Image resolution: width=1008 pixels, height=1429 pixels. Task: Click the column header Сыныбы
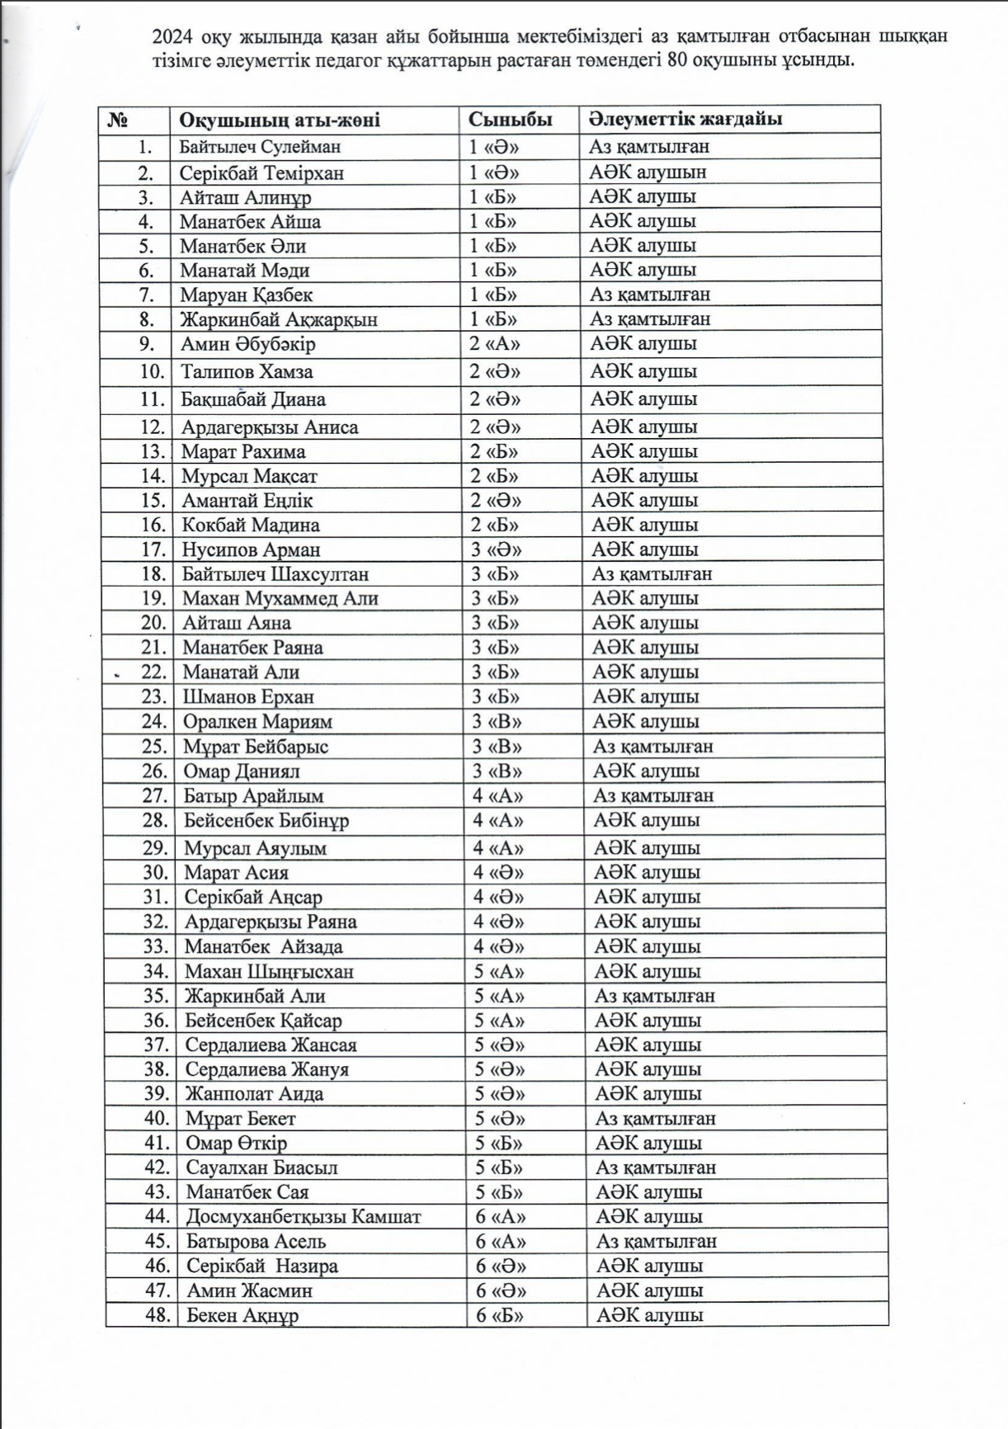(x=510, y=120)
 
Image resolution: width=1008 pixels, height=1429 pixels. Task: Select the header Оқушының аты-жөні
(x=280, y=120)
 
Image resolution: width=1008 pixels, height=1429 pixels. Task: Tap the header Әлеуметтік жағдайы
(x=685, y=120)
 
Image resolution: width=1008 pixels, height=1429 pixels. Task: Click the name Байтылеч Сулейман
(x=261, y=148)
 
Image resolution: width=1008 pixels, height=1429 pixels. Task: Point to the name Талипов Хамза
(x=247, y=372)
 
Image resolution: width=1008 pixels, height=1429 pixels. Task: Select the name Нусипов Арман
(x=251, y=549)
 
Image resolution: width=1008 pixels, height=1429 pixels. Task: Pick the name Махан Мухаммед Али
(x=280, y=598)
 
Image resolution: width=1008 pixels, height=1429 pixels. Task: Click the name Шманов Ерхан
(x=248, y=696)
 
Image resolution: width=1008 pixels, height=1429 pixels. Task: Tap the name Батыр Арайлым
(x=253, y=796)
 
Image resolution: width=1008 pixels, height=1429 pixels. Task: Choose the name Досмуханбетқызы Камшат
(x=304, y=1216)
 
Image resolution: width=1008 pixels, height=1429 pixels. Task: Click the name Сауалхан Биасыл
(x=261, y=1167)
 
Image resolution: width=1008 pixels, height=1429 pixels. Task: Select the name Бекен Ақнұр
(x=243, y=1315)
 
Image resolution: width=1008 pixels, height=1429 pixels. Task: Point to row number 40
(x=157, y=1119)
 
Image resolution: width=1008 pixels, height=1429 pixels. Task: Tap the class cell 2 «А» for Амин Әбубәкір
(x=495, y=344)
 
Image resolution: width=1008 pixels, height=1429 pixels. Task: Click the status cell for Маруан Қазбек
(x=650, y=295)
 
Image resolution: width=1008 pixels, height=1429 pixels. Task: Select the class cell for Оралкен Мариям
(x=497, y=721)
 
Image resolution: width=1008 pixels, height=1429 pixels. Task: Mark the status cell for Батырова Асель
(x=657, y=1241)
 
